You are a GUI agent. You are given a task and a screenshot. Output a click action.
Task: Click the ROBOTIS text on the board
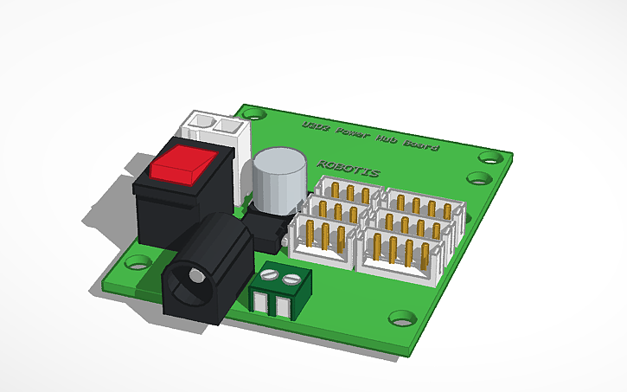tap(348, 168)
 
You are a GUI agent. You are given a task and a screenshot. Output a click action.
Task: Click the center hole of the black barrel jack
tap(196, 279)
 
